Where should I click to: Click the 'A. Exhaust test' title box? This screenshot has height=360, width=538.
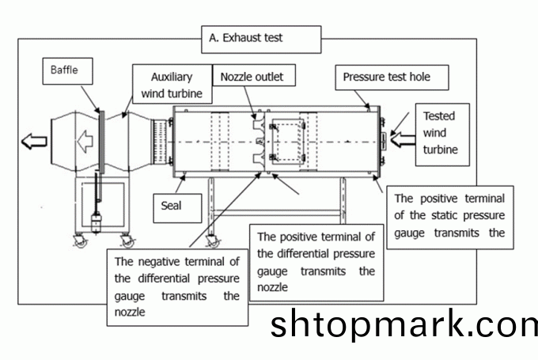(262, 37)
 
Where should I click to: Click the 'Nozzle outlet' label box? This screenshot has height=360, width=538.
(251, 77)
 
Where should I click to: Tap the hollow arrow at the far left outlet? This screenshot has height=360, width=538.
(34, 142)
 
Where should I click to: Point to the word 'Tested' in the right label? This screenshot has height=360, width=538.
(440, 116)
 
